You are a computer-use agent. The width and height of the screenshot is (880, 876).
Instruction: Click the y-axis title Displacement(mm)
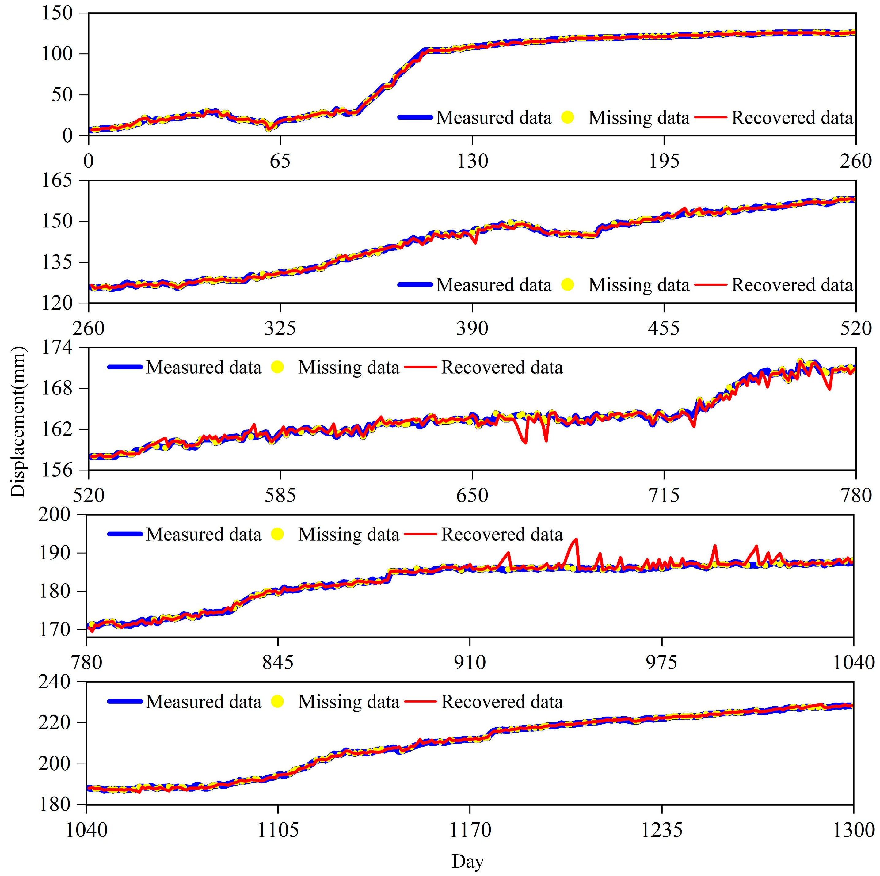coord(18,421)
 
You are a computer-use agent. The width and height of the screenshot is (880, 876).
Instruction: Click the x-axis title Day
coord(467,861)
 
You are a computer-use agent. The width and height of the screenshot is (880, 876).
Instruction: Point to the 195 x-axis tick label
coord(664,161)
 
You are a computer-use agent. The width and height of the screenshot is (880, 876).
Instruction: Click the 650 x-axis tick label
coord(472,495)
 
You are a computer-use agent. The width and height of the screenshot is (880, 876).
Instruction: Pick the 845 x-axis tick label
coord(278,662)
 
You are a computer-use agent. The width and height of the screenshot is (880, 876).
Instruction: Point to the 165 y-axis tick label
coord(57,181)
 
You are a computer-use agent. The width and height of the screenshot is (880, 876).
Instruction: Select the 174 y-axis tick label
coord(57,348)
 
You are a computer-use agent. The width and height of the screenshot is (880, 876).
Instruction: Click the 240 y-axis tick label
coord(55,682)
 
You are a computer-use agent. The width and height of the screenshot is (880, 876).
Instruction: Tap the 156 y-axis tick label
coord(57,470)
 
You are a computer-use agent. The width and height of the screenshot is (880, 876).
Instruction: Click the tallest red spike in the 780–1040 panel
coord(577,539)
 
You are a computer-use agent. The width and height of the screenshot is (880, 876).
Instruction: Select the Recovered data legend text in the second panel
coord(792,285)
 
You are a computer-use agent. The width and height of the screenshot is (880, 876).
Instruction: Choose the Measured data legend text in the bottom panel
coord(204,702)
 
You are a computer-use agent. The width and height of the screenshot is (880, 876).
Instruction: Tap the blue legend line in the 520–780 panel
coord(125,367)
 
